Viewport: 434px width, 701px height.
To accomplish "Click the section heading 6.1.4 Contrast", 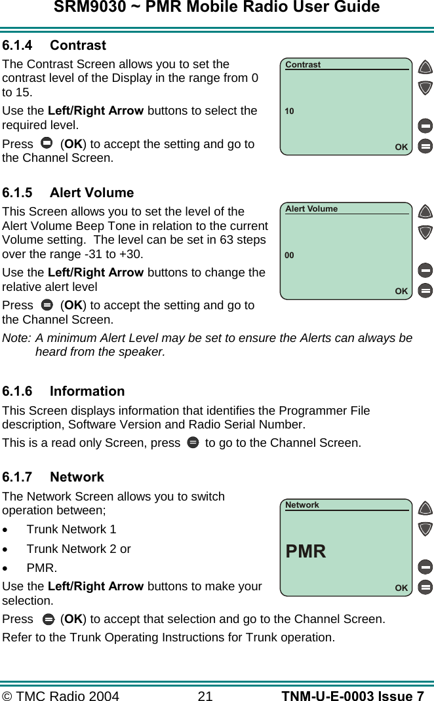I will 54,45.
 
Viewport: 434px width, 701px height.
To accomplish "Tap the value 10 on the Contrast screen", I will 289,111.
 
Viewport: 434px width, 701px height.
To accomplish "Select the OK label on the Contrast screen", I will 401,147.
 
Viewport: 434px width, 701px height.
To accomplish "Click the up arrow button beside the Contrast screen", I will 425,67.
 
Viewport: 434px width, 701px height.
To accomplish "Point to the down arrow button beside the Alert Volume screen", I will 425,232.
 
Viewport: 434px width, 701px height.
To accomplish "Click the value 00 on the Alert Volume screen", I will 289,256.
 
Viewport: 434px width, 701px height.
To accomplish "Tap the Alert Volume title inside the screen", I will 311,209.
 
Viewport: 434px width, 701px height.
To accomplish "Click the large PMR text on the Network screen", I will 306,552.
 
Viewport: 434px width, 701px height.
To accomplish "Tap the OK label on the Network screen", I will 401,588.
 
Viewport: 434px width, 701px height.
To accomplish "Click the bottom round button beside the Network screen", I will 425,586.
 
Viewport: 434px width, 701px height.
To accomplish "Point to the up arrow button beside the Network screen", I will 425,508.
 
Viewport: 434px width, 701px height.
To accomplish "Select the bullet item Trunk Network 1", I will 71,529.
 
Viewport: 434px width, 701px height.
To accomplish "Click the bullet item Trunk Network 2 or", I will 79,549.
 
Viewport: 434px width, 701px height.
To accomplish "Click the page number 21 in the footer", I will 205,696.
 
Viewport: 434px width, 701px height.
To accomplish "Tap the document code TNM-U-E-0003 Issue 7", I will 352,696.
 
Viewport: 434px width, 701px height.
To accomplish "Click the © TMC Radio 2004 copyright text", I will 61,696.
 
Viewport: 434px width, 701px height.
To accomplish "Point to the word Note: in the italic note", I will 17,338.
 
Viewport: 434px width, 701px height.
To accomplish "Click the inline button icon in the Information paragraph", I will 193,443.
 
